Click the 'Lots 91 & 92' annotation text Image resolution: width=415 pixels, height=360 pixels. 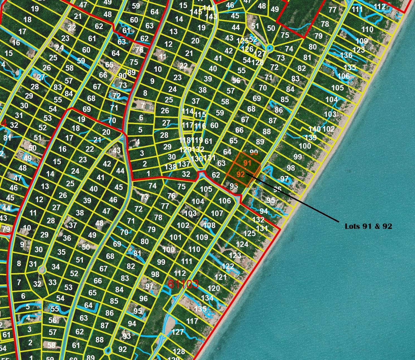click(368, 226)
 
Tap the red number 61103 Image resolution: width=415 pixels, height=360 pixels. click(183, 284)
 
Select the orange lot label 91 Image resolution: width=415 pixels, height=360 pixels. click(247, 163)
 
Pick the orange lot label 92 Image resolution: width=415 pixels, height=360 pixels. click(240, 175)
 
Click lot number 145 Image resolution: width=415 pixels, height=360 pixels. click(196, 12)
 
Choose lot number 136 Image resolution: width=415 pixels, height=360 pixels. click(346, 55)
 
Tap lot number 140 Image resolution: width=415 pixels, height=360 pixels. click(314, 129)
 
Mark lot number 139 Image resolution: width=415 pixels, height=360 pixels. click(310, 137)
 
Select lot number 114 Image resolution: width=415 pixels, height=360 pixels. click(187, 111)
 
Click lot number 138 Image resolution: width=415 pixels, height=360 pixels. click(170, 167)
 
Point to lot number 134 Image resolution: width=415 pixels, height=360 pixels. click(207, 298)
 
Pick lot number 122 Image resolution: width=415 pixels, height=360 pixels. click(228, 266)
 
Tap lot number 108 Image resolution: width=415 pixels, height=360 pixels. click(209, 225)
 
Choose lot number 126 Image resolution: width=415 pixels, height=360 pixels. click(247, 49)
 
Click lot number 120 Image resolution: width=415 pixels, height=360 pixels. click(214, 288)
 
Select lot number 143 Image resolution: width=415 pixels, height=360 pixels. click(211, 16)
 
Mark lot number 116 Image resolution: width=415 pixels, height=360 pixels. click(200, 126)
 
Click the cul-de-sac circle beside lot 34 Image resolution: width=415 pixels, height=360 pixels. click(42, 270)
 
